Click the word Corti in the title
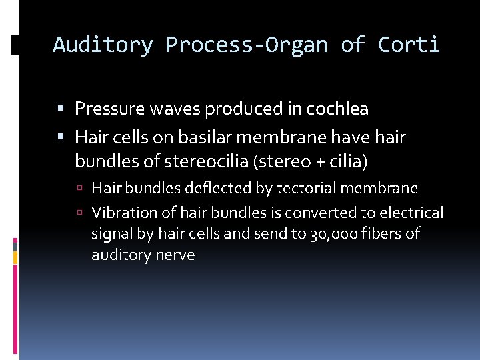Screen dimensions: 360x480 pos(409,45)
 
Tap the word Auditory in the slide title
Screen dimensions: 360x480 pos(103,45)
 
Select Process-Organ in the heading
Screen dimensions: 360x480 pos(247,45)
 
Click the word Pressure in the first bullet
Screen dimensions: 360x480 pos(106,108)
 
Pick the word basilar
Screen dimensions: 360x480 pos(193,137)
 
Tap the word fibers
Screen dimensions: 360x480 pos(381,234)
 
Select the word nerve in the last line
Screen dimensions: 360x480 pos(175,255)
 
